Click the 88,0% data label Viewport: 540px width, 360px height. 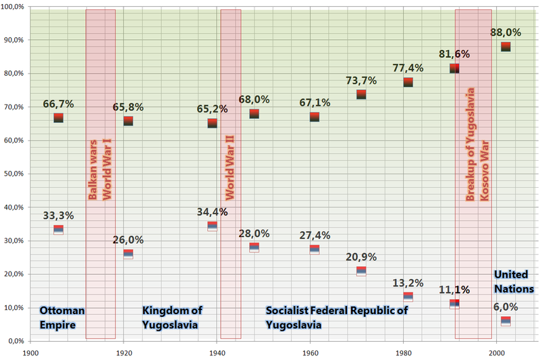[x=510, y=32]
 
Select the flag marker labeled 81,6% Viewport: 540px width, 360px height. [x=454, y=68]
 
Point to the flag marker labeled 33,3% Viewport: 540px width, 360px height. [x=58, y=230]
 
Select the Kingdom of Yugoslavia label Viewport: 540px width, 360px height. [x=172, y=317]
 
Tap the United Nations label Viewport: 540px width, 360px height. [x=514, y=282]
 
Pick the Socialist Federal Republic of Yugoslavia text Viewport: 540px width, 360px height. [x=337, y=317]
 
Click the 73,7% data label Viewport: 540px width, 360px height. [x=361, y=80]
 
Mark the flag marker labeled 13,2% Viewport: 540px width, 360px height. [x=408, y=296]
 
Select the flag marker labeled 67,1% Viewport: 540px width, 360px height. [x=315, y=117]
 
